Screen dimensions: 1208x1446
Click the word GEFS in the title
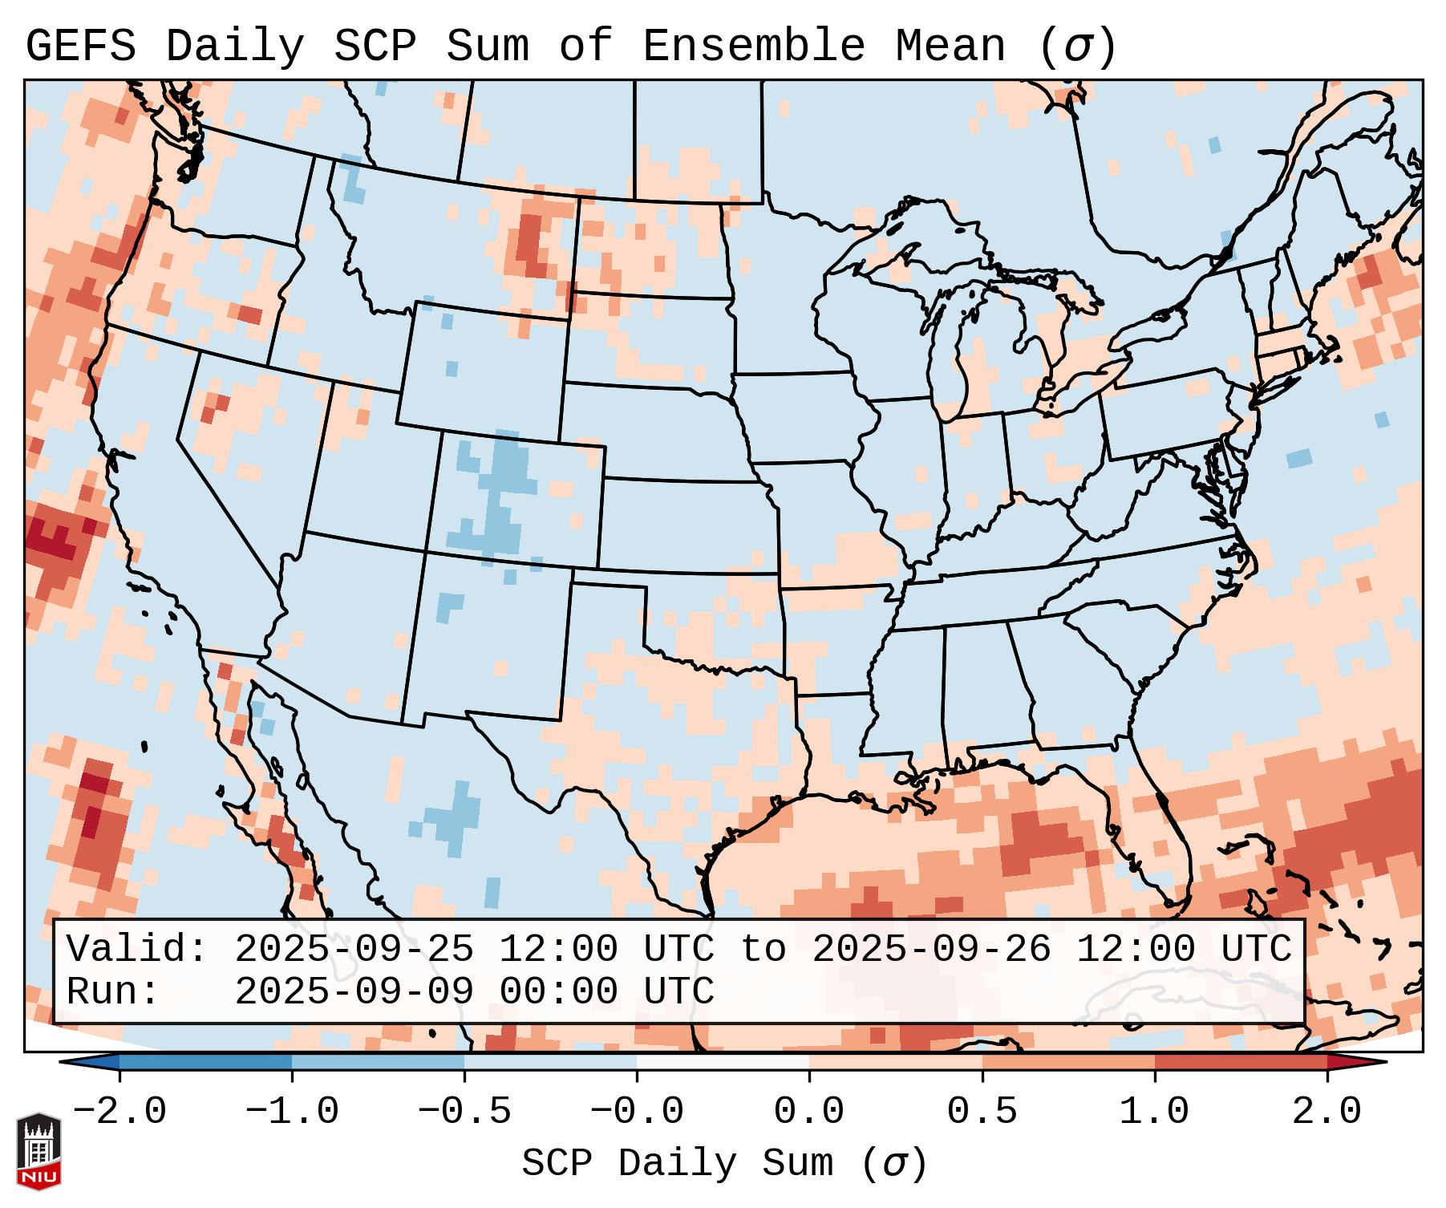click(80, 47)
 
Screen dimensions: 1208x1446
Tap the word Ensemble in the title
click(754, 47)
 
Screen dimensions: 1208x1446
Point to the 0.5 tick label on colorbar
click(982, 1112)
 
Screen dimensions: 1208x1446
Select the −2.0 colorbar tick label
click(119, 1112)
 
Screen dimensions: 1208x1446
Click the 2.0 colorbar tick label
click(1327, 1112)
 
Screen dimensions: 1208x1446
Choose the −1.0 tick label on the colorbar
click(292, 1112)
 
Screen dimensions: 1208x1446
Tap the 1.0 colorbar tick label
click(1154, 1112)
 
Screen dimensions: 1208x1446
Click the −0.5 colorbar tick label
click(464, 1112)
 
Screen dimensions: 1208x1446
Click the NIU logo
click(38, 1151)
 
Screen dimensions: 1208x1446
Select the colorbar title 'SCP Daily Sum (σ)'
click(724, 1164)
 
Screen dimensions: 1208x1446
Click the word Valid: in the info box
click(136, 949)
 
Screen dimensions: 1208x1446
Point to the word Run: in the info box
click(112, 991)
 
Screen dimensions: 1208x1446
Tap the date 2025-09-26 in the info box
click(931, 949)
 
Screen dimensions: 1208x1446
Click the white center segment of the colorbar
click(723, 1062)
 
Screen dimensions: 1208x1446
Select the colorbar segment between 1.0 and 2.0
click(1240, 1062)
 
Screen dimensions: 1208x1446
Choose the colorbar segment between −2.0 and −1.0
click(205, 1062)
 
